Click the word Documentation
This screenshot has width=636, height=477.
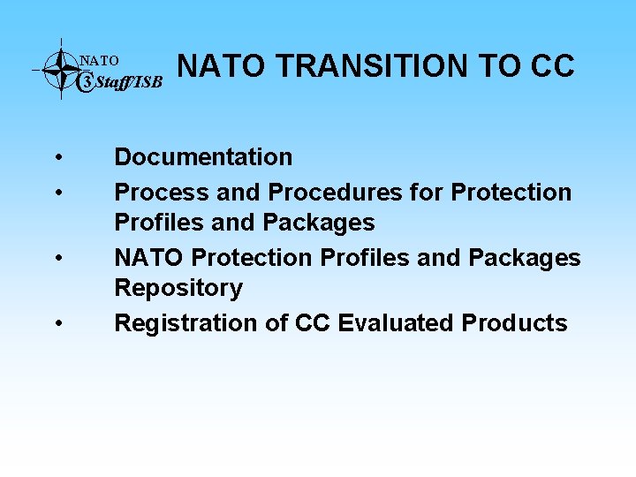point(203,157)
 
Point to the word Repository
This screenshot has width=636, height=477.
point(178,289)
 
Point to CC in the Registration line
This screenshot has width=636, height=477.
point(313,323)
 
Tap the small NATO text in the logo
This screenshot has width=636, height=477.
point(99,61)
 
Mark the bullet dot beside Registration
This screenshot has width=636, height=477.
point(57,325)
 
